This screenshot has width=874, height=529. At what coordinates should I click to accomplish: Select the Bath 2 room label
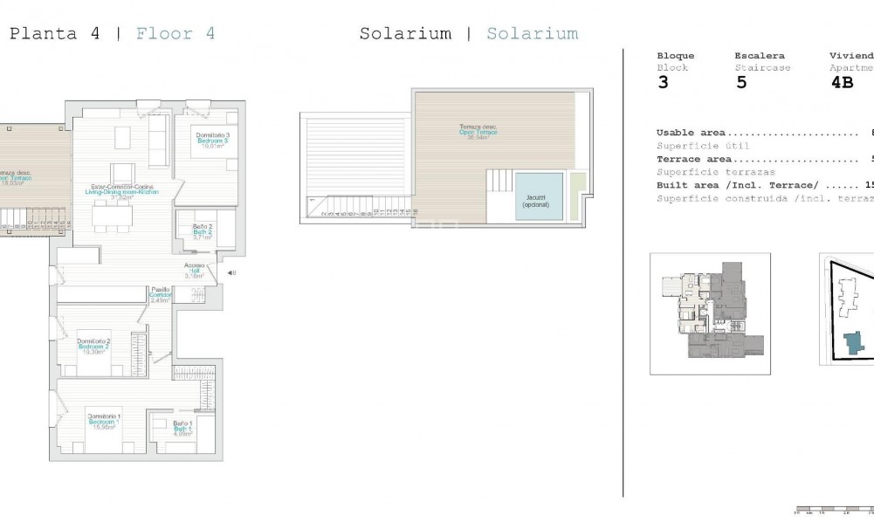tap(203, 232)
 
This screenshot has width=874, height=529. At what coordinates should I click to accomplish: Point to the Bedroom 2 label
tap(93, 347)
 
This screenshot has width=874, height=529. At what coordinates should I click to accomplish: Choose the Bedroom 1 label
tap(104, 422)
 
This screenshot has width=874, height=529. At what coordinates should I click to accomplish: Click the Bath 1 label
tap(182, 429)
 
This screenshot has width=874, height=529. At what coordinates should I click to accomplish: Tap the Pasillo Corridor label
tap(160, 294)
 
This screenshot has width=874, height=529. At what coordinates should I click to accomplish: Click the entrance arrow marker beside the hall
tap(230, 273)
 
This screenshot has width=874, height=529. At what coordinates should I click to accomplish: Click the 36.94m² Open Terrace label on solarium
tap(478, 132)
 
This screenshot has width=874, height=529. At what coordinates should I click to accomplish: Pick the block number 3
tap(663, 84)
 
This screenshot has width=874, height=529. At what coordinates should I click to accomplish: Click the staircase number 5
tap(740, 84)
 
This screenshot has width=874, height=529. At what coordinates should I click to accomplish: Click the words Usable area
tap(685, 133)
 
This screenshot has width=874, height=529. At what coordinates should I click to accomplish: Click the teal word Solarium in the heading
tap(532, 34)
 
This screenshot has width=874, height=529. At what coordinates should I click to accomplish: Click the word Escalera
tap(759, 55)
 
